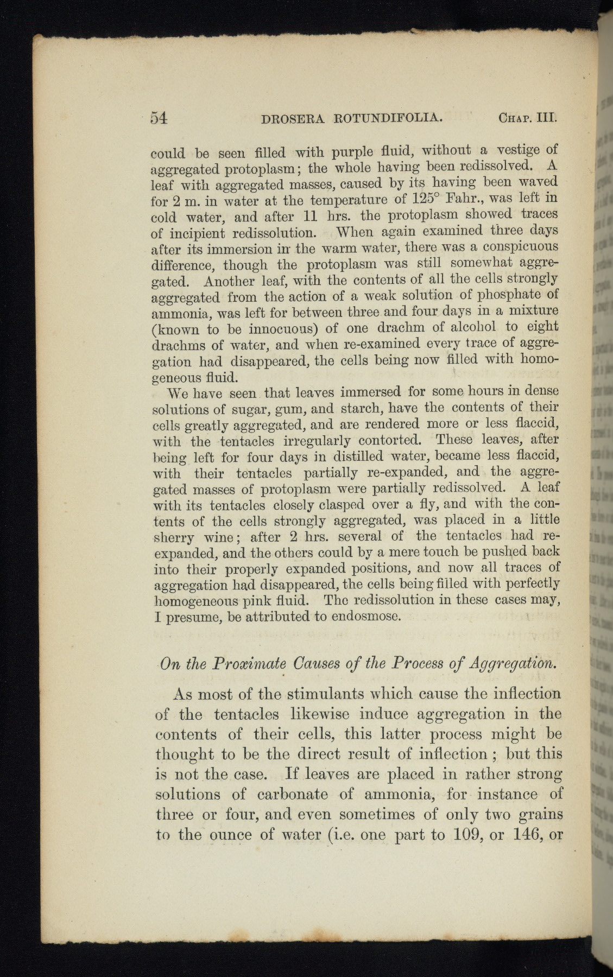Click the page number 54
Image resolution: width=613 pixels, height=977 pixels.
(159, 117)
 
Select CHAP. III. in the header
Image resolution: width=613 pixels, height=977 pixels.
(527, 118)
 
